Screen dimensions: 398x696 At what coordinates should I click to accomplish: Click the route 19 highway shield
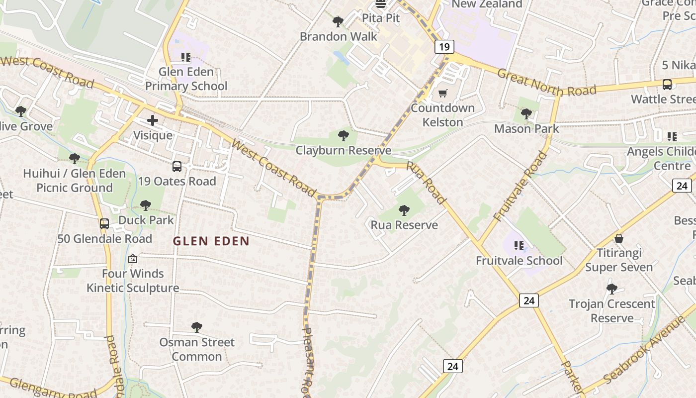pyautogui.click(x=444, y=47)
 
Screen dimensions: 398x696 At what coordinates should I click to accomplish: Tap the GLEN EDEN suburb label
pyautogui.click(x=211, y=241)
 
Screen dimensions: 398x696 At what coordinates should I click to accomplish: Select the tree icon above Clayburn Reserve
pyautogui.click(x=343, y=135)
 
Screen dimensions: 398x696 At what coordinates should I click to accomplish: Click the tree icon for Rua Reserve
pyautogui.click(x=404, y=210)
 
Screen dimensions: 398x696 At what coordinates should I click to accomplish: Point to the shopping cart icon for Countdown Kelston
pyautogui.click(x=442, y=93)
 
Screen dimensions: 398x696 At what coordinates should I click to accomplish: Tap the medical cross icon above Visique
pyautogui.click(x=153, y=120)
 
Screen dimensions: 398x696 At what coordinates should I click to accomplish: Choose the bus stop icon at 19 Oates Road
pyautogui.click(x=177, y=167)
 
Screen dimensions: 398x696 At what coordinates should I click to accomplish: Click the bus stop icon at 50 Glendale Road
pyautogui.click(x=104, y=224)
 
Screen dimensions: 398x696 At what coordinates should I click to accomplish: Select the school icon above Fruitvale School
pyautogui.click(x=519, y=246)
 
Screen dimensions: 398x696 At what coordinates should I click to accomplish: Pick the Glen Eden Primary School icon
pyautogui.click(x=186, y=57)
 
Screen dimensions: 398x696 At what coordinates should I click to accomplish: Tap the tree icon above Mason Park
pyautogui.click(x=526, y=114)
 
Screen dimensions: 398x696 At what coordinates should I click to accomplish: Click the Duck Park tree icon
pyautogui.click(x=146, y=205)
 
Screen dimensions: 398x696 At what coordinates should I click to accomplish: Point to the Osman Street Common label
pyautogui.click(x=197, y=349)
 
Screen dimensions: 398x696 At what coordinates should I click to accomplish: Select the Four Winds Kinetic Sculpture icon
pyautogui.click(x=133, y=259)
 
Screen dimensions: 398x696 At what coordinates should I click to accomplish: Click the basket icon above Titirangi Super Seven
pyautogui.click(x=619, y=238)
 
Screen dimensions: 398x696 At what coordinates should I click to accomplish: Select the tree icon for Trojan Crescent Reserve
pyautogui.click(x=612, y=289)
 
